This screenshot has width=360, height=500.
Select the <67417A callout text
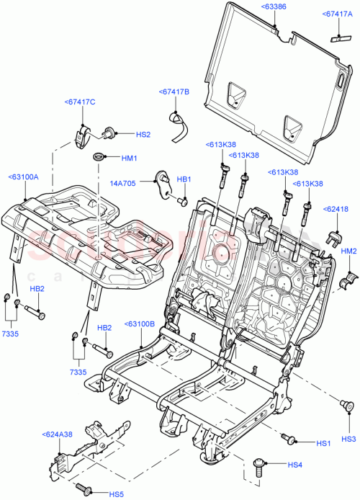tap(338, 14)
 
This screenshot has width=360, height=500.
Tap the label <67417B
tap(174, 91)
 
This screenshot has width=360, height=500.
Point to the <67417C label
tap(80, 102)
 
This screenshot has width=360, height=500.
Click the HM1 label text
tap(129, 158)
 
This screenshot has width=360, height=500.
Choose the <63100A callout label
tap(24, 177)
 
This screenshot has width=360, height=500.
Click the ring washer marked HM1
tap(98, 157)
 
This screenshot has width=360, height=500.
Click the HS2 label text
tap(143, 135)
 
